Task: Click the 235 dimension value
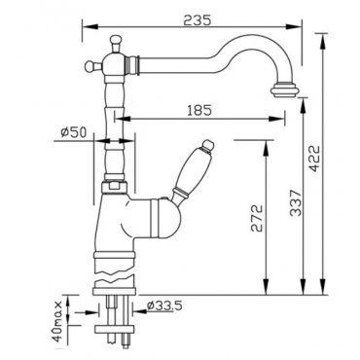coord(198,20)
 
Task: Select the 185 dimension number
coord(199,110)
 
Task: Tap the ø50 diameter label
coord(74,132)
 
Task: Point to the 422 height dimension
coord(313,158)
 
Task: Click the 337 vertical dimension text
coord(296,202)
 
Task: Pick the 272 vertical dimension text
coord(257,218)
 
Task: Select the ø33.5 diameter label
coord(164,306)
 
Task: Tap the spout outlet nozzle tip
coord(284,90)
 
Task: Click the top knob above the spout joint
coord(116,43)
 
